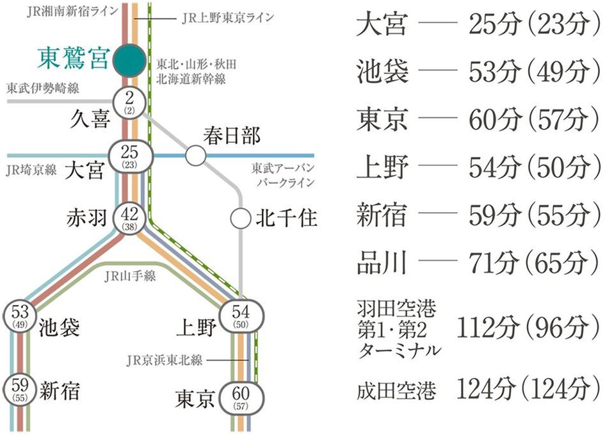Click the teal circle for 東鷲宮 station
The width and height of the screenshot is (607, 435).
tap(131, 60)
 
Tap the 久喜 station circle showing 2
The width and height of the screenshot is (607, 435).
tap(129, 102)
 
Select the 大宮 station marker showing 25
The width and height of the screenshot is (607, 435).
tap(130, 155)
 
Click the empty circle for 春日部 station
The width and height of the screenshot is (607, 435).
tap(195, 155)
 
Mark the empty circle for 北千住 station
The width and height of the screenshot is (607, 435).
tap(241, 218)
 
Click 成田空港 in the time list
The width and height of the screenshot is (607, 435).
tap(397, 389)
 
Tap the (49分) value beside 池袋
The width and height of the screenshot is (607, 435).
tap(556, 72)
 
